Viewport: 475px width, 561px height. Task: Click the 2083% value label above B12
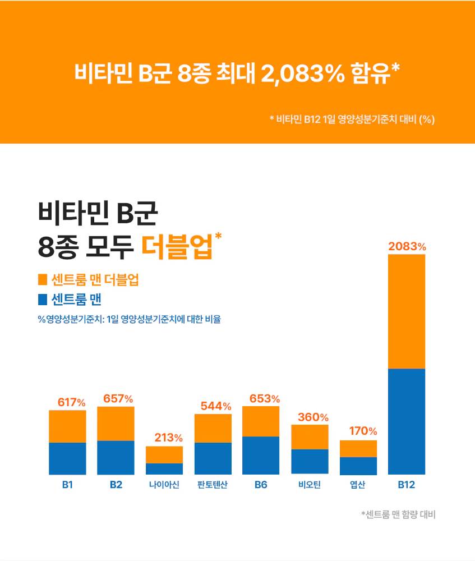pos(407,246)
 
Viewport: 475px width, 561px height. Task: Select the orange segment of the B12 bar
pos(407,311)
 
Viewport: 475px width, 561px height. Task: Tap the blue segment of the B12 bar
pos(407,421)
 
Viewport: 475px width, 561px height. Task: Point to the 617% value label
pos(72,402)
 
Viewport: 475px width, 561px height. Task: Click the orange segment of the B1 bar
pos(67,426)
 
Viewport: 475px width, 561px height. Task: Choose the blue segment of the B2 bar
pos(116,457)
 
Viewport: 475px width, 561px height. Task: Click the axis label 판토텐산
pos(213,485)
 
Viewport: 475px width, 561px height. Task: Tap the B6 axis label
pos(261,485)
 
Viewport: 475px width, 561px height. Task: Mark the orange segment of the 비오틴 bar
pos(310,437)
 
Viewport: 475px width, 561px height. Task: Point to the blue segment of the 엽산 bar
pos(358,466)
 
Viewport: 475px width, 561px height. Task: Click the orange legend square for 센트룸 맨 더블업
pos(42,279)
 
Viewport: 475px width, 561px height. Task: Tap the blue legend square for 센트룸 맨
pos(42,297)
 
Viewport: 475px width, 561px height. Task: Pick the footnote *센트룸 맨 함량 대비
pos(398,514)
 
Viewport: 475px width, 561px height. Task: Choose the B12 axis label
pos(407,485)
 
